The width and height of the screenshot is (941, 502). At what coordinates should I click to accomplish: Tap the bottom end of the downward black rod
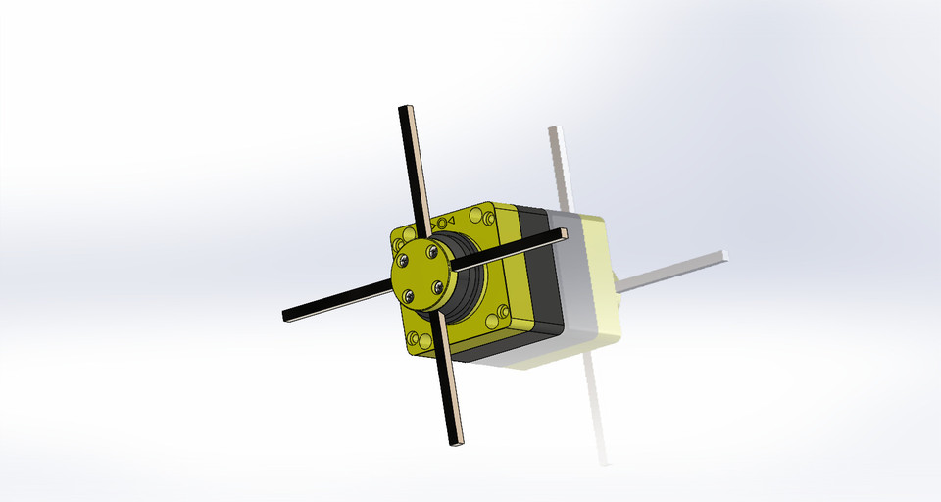(457, 442)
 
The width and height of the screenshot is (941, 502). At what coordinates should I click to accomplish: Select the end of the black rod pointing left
(287, 316)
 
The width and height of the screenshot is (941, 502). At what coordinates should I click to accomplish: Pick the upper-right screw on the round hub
(431, 252)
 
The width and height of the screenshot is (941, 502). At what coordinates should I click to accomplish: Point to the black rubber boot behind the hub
(469, 284)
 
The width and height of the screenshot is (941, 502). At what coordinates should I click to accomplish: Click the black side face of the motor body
(538, 275)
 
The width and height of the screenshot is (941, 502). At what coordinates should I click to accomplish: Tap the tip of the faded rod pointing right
(724, 256)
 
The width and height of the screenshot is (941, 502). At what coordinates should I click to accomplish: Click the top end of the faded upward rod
(556, 129)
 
